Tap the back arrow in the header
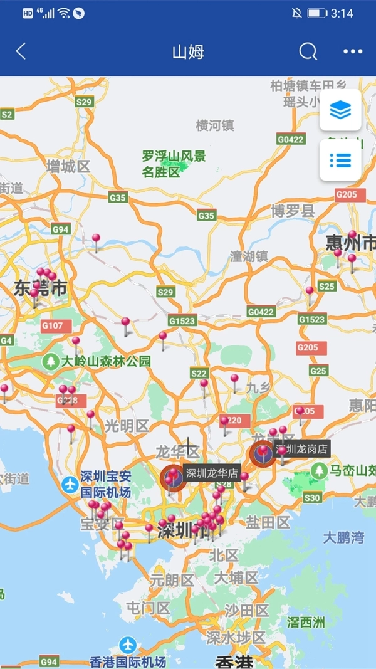[21, 51]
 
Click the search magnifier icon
[308, 51]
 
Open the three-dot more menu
[353, 51]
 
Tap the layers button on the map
[340, 110]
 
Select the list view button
[340, 160]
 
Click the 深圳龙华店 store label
[212, 473]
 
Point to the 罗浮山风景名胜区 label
[174, 164]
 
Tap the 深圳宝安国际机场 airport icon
[70, 484]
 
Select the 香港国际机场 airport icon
[128, 644]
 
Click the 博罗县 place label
[293, 211]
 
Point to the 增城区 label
[68, 167]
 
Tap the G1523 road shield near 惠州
[311, 319]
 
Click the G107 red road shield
[52, 325]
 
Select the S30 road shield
[311, 497]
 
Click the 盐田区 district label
[268, 522]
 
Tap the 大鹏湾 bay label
[343, 537]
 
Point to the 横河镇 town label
[215, 125]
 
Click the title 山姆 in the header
[188, 51]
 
